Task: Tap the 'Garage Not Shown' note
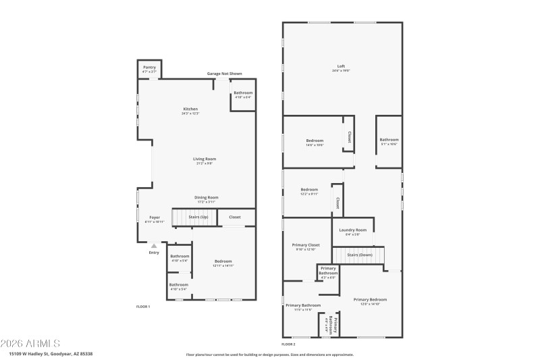224,74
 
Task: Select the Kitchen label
190,109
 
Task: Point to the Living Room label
205,159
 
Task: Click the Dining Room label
207,197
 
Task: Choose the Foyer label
155,217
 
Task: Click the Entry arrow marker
154,246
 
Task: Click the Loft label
341,66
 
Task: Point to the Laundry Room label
353,230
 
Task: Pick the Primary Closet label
306,245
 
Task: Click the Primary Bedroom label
370,300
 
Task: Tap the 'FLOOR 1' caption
143,307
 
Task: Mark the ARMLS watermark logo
32,343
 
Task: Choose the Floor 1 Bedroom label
223,261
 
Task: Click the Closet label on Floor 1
235,217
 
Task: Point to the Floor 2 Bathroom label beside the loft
389,140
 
